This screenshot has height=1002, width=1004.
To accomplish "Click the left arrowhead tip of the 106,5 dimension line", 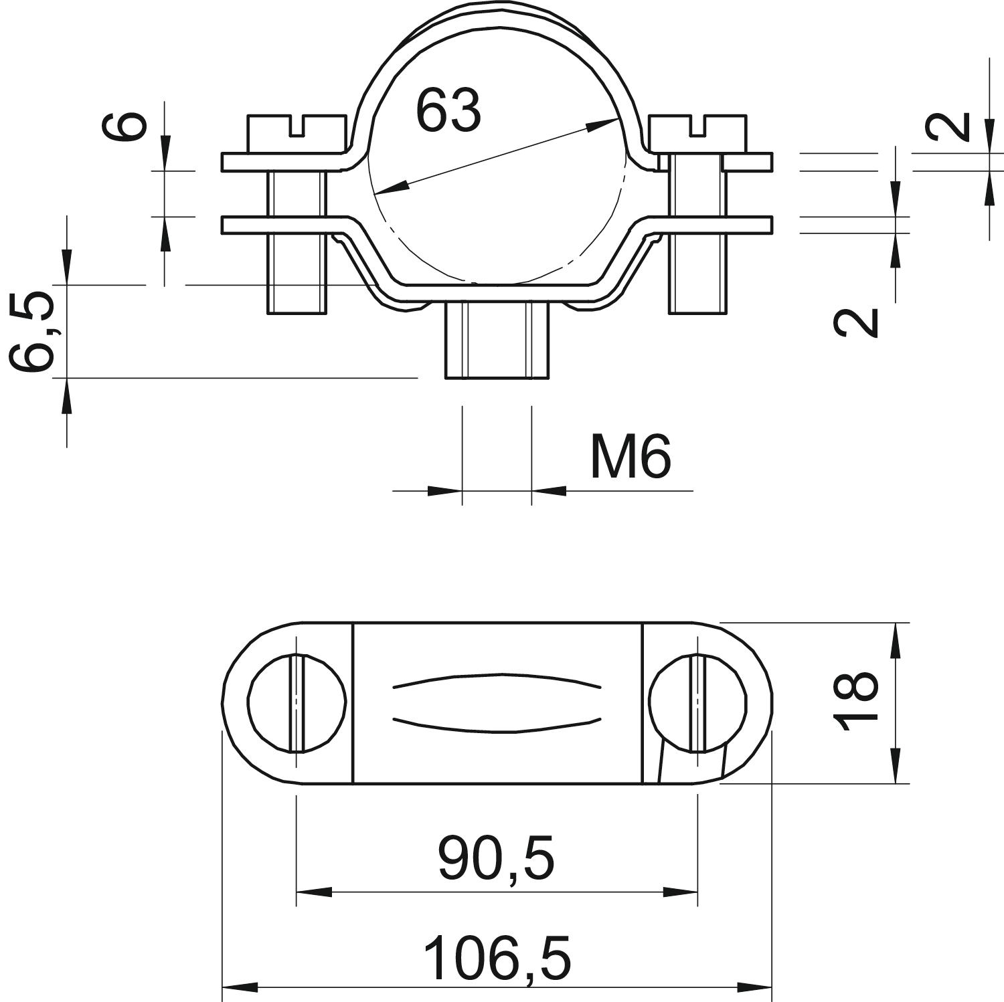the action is [222, 987].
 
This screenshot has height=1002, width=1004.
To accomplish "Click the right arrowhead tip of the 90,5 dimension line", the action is [697, 892].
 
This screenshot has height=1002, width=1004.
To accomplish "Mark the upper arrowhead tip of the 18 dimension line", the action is [896, 623].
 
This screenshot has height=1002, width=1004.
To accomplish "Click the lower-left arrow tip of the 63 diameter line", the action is [374, 194].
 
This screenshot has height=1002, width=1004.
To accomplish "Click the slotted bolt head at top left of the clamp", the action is [297, 134].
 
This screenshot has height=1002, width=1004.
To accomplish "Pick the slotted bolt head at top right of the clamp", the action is [697, 134].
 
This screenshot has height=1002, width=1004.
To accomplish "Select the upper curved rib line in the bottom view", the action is [497, 681].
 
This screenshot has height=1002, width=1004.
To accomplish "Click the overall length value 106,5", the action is [498, 959].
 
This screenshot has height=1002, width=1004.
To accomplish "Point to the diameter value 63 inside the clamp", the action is [448, 110].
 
